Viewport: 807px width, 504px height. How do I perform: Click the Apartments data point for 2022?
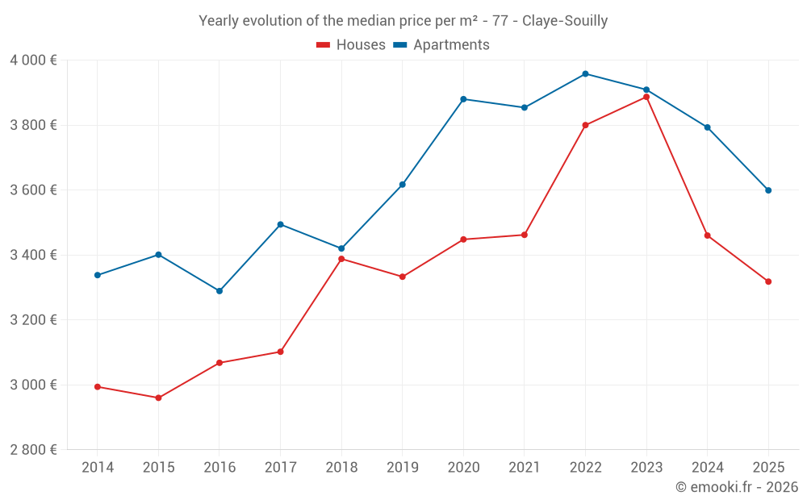tap(585, 73)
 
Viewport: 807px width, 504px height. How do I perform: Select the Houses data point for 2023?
tap(646, 97)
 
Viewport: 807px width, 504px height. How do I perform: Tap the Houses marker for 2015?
tap(158, 398)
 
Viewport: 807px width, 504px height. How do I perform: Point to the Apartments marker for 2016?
tap(220, 291)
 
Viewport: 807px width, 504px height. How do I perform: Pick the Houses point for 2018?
tap(341, 259)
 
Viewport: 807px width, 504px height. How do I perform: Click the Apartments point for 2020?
tap(463, 99)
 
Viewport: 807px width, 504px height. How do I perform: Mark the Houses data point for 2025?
tap(768, 281)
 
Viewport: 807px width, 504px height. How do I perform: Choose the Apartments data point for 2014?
tap(98, 275)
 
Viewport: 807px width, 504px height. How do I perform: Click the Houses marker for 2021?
tap(525, 235)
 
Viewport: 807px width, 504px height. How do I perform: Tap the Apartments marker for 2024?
tap(707, 127)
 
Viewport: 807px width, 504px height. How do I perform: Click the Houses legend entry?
tap(351, 45)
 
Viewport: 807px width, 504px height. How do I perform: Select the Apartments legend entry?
tap(441, 45)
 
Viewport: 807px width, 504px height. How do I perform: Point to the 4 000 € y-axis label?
tap(33, 60)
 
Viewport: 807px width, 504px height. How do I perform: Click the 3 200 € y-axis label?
tap(33, 320)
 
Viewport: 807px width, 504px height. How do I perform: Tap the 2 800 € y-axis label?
tap(33, 450)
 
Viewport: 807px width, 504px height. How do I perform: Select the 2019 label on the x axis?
tap(402, 468)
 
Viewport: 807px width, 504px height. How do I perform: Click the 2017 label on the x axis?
tap(280, 468)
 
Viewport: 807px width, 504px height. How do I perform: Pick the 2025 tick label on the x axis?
tap(768, 468)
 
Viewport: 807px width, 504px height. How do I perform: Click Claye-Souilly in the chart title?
tap(565, 21)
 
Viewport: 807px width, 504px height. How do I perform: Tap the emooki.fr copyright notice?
tap(737, 487)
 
